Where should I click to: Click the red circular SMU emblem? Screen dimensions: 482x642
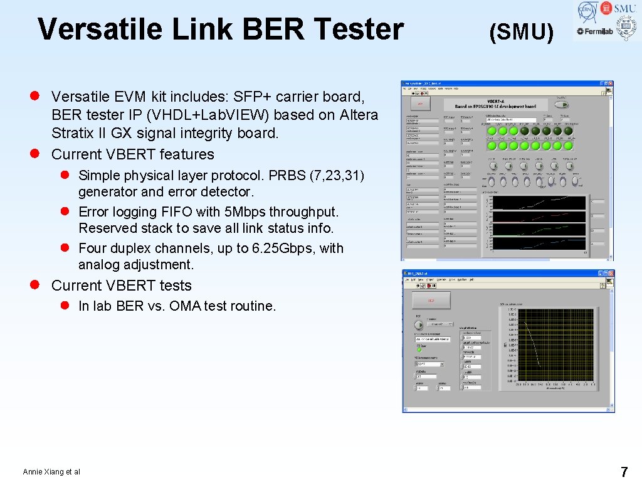tap(606, 8)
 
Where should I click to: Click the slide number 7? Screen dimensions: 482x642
tap(623, 471)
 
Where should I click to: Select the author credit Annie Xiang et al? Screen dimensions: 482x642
tap(51, 472)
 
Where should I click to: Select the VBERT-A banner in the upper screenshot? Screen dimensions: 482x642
tap(495, 105)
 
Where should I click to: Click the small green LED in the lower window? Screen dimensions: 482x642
tap(419, 350)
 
